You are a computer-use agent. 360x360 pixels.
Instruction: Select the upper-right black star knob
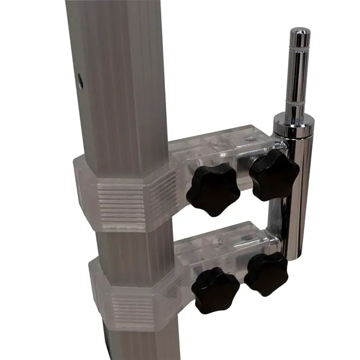[x=274, y=175]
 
